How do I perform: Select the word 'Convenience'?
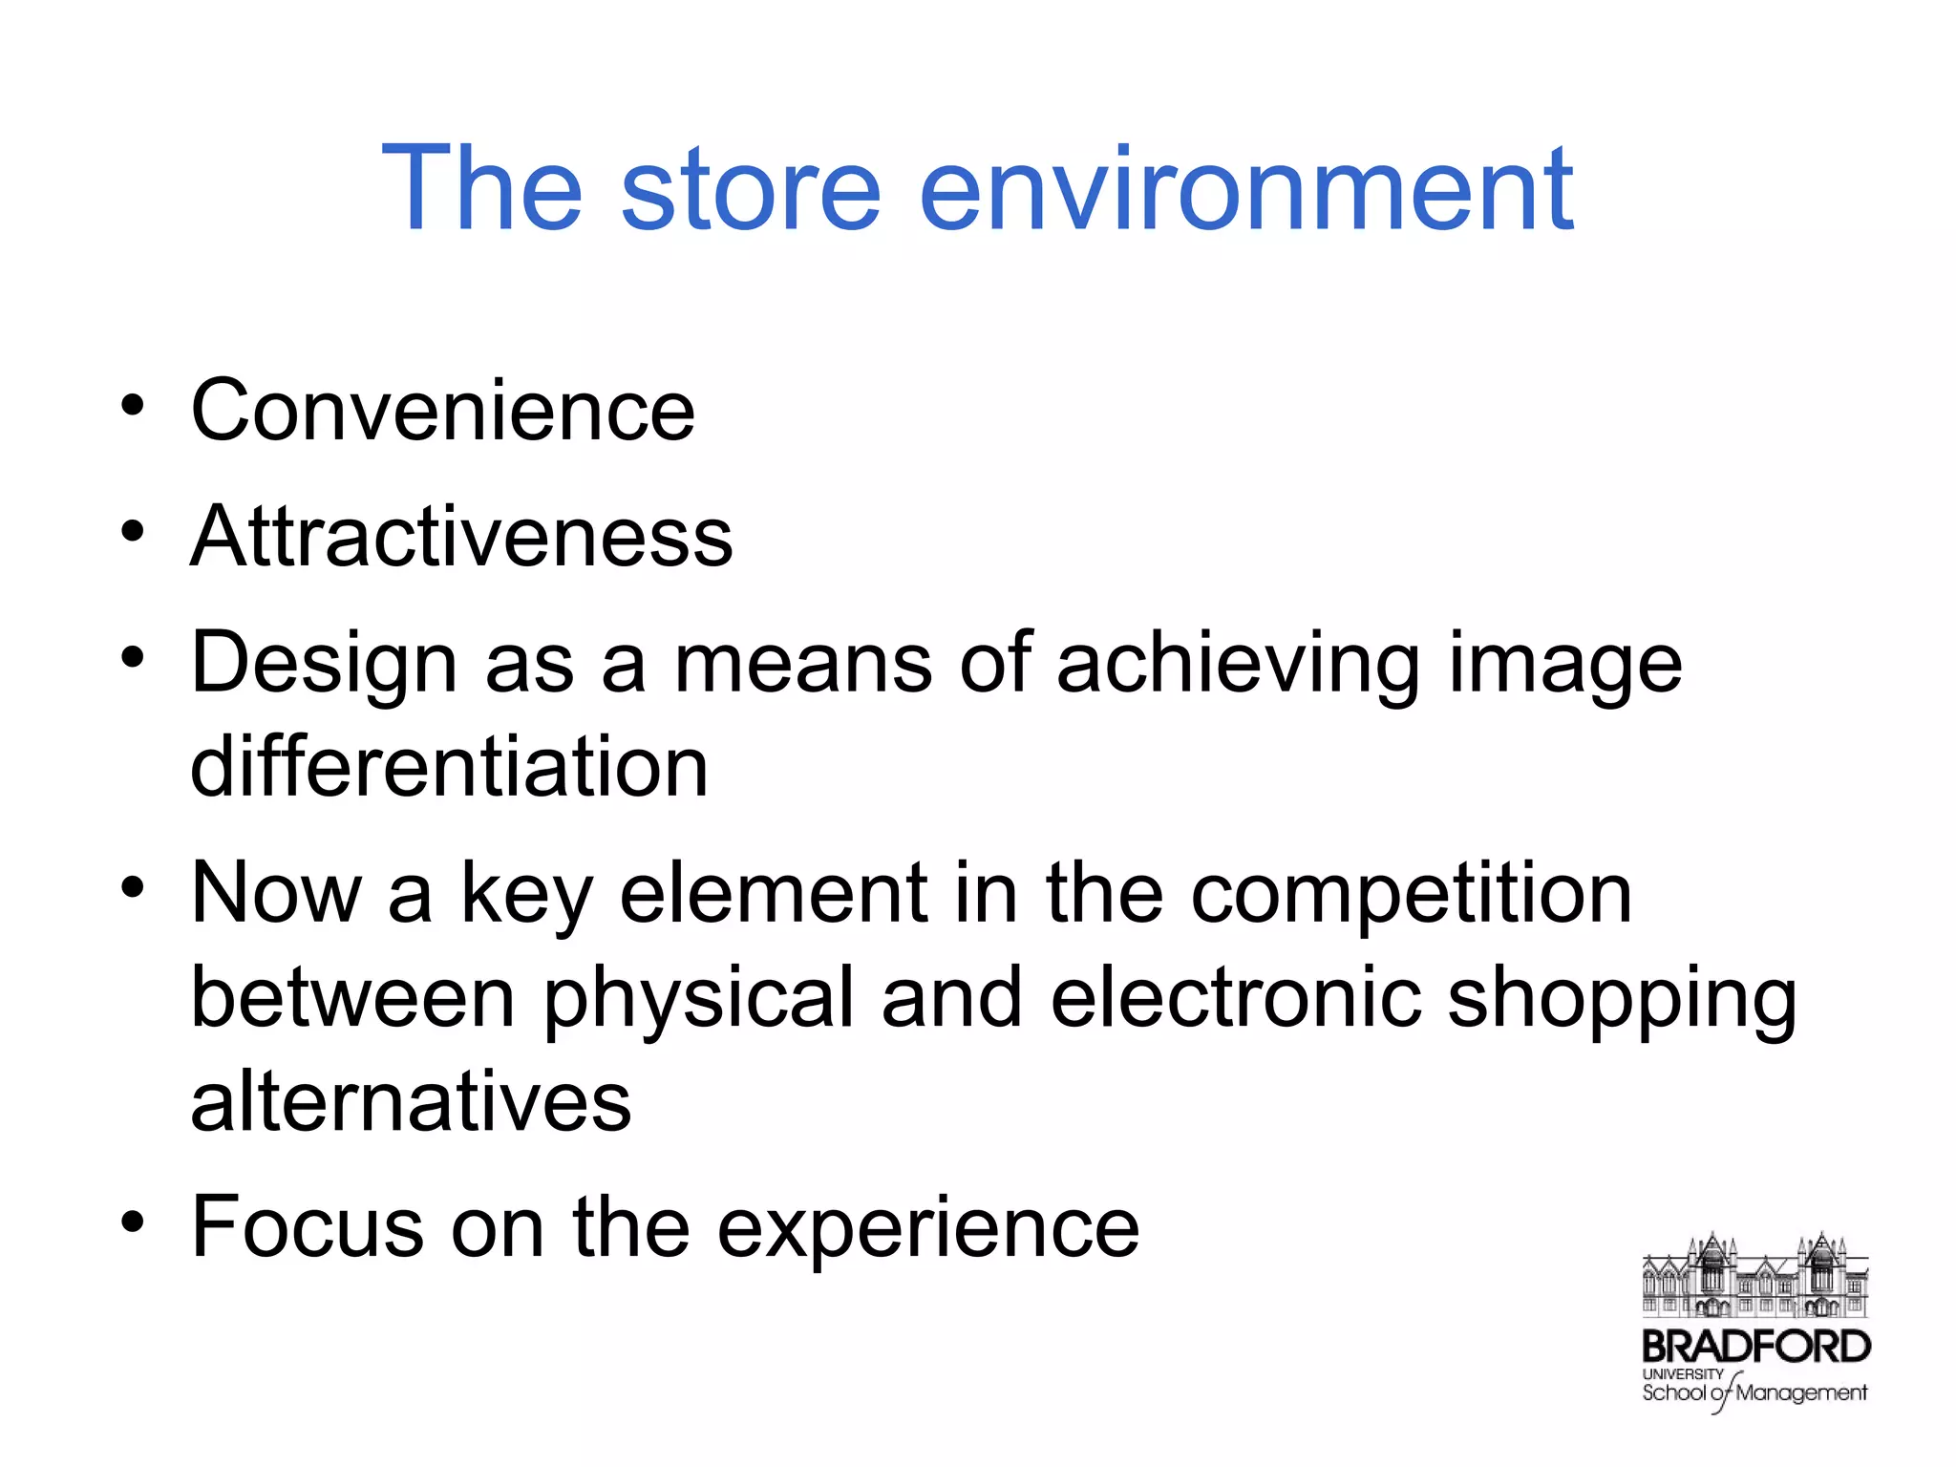pos(442,411)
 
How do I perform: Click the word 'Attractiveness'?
pos(461,537)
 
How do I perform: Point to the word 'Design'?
pos(324,665)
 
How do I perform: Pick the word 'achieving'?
pos(1238,665)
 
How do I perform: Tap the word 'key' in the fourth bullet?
pos(526,896)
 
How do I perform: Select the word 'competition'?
pos(1411,896)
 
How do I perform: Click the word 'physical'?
pos(698,1000)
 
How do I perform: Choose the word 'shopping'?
pos(1622,1000)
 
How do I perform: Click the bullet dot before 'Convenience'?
pos(133,405)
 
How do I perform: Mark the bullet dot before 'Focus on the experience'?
pos(133,1222)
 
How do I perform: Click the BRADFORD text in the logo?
pos(1755,1347)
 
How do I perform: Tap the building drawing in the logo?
pos(1754,1275)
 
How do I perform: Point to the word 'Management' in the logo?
pos(1800,1393)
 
